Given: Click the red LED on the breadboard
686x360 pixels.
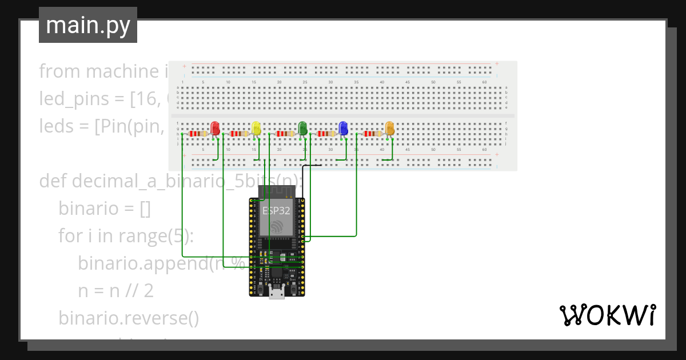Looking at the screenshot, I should (215, 128).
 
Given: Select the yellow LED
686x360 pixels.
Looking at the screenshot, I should (256, 128).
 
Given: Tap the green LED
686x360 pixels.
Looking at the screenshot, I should (303, 128).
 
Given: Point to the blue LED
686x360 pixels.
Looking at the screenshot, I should (343, 128).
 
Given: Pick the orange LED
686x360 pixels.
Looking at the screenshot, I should (390, 128).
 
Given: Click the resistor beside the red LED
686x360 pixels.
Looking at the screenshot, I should (198, 134).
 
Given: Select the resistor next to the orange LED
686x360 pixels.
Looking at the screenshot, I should (373, 134).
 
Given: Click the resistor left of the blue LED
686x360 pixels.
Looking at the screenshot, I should (326, 134).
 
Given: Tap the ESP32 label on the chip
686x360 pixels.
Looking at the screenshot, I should (276, 210).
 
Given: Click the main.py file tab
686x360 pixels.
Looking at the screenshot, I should (88, 25).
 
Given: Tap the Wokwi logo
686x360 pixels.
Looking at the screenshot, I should (607, 315).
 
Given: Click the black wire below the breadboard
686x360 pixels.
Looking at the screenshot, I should (312, 165).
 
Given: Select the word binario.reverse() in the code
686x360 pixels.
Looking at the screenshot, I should (129, 318).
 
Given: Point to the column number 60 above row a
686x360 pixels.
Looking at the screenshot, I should (484, 82).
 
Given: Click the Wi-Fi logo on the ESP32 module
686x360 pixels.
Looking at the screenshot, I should (277, 227).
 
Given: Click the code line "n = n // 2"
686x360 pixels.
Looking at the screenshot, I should (115, 291).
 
